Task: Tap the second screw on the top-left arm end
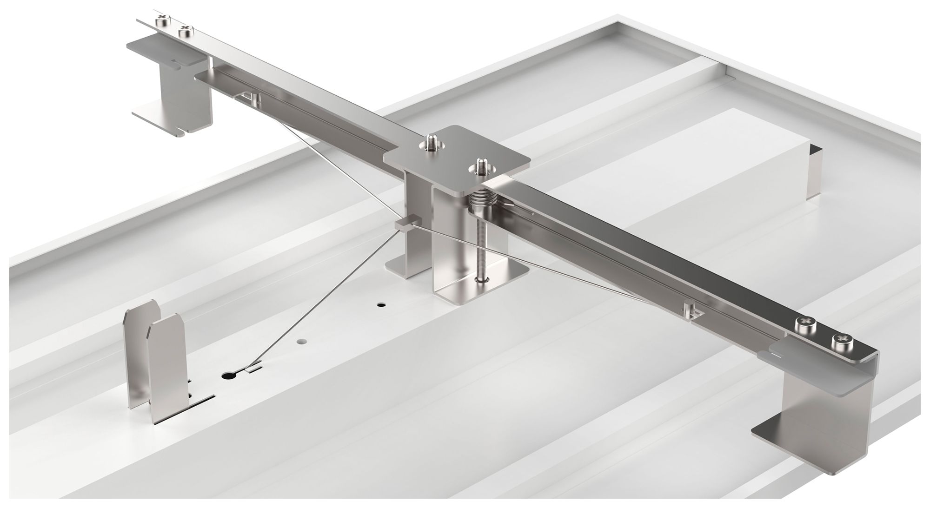pos(185,31)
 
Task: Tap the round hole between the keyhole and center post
pos(302,341)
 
